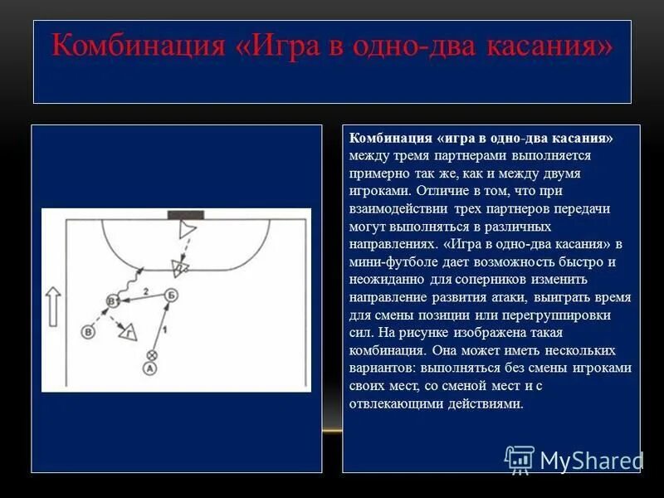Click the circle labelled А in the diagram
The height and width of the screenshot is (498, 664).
149,368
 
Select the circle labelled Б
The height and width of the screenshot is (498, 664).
171,295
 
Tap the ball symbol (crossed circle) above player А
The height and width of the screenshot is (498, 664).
151,354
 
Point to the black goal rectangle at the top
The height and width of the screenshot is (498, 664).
178,215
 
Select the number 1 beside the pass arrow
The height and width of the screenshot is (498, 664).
164,330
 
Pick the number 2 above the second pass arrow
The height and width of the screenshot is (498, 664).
146,291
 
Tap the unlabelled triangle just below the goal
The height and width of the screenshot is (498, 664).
186,231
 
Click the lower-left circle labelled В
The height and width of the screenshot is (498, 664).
87,331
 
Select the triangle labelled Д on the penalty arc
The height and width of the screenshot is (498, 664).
178,266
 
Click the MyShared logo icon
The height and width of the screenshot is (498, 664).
520,460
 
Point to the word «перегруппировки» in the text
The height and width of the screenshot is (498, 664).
564,315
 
